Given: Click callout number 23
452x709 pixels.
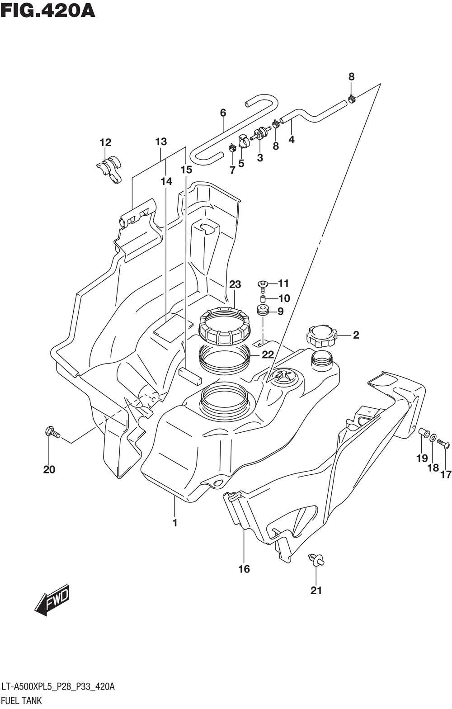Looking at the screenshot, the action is click(235, 284).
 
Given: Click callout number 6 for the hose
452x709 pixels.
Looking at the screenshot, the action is click(223, 113).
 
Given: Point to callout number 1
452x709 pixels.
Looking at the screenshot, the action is click(175, 523).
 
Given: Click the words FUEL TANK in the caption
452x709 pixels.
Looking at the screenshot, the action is click(21, 700).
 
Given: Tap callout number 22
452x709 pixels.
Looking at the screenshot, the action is click(267, 354).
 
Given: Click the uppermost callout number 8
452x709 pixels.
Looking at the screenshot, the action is click(351, 77).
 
